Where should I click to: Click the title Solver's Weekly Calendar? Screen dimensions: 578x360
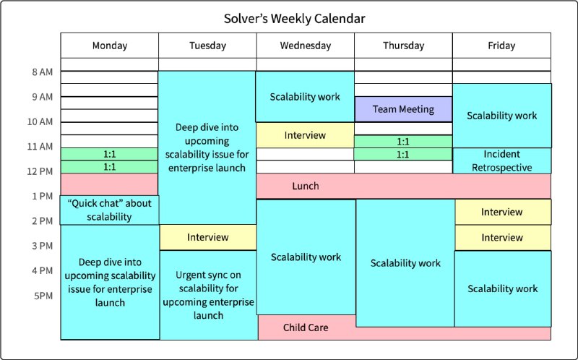pos(294,19)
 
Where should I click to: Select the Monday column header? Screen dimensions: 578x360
pos(110,46)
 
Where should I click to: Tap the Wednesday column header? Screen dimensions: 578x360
pos(305,46)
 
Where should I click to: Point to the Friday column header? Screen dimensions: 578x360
pos(501,46)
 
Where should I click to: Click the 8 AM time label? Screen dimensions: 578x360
pos(42,72)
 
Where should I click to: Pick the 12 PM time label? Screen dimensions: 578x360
pos(40,171)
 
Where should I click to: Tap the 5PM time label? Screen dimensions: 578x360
pos(43,296)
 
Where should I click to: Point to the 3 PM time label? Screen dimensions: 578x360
pos(42,246)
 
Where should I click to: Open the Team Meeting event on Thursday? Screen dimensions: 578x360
pos(403,109)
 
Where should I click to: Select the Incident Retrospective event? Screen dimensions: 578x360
pos(501,160)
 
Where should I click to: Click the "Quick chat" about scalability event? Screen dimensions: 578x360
pos(110,210)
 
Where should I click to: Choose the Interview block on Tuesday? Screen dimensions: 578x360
pos(208,237)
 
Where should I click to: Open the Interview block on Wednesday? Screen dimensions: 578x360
pos(305,135)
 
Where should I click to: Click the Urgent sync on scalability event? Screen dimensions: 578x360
pos(209,295)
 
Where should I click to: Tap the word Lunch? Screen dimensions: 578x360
pos(306,186)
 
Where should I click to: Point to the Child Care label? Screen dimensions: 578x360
pos(306,327)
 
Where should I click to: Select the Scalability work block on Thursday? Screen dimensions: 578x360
pos(405,263)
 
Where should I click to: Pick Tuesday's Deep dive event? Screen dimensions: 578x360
pos(207,147)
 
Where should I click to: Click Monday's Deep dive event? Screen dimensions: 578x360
pos(110,282)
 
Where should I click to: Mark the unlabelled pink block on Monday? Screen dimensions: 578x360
pos(110,184)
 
